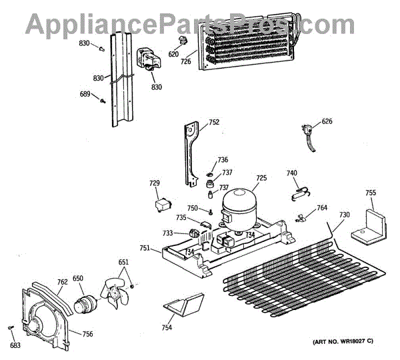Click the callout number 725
(x=261, y=178)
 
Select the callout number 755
(x=371, y=193)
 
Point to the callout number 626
(x=327, y=121)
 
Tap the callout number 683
(x=15, y=345)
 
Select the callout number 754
(x=167, y=327)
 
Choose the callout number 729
(x=154, y=183)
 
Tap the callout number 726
(x=185, y=61)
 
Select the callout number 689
(x=85, y=94)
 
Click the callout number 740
(x=292, y=173)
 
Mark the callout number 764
(x=322, y=208)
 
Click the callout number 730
(x=344, y=215)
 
